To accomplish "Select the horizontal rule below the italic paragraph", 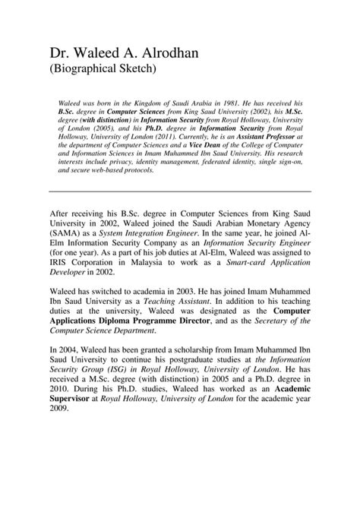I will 180,191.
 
